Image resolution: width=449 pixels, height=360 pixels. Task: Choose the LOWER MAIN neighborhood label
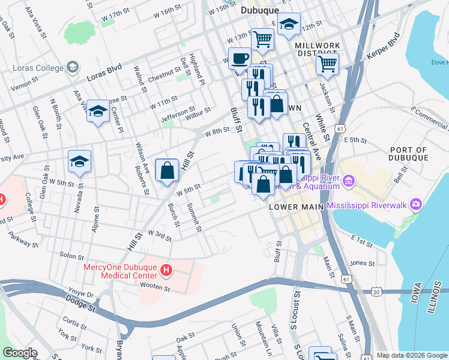(297, 206)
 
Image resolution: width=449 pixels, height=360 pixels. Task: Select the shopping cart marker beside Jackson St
(327, 62)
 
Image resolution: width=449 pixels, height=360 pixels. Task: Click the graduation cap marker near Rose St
(98, 111)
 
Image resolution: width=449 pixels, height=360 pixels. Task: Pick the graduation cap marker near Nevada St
(79, 161)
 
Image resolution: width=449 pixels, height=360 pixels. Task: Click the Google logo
(20, 353)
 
